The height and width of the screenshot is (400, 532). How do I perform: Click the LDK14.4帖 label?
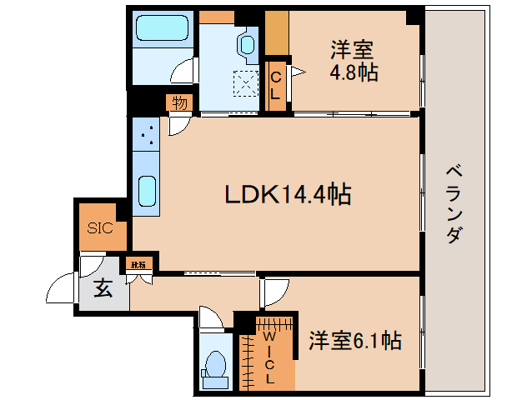pos(287,195)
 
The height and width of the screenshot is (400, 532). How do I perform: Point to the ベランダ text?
pos(454,203)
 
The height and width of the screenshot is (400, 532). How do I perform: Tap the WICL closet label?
pos(269,357)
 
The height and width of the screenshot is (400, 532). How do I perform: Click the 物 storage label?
pos(178,102)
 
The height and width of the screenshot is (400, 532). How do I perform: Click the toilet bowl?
pos(215,365)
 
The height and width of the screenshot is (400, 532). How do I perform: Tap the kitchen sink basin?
pos(145,192)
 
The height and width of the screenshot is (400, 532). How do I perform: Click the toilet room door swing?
pos(210,320)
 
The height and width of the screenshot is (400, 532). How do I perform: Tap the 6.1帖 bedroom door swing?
pos(274,290)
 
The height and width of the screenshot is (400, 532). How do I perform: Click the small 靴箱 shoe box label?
pos(137,265)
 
